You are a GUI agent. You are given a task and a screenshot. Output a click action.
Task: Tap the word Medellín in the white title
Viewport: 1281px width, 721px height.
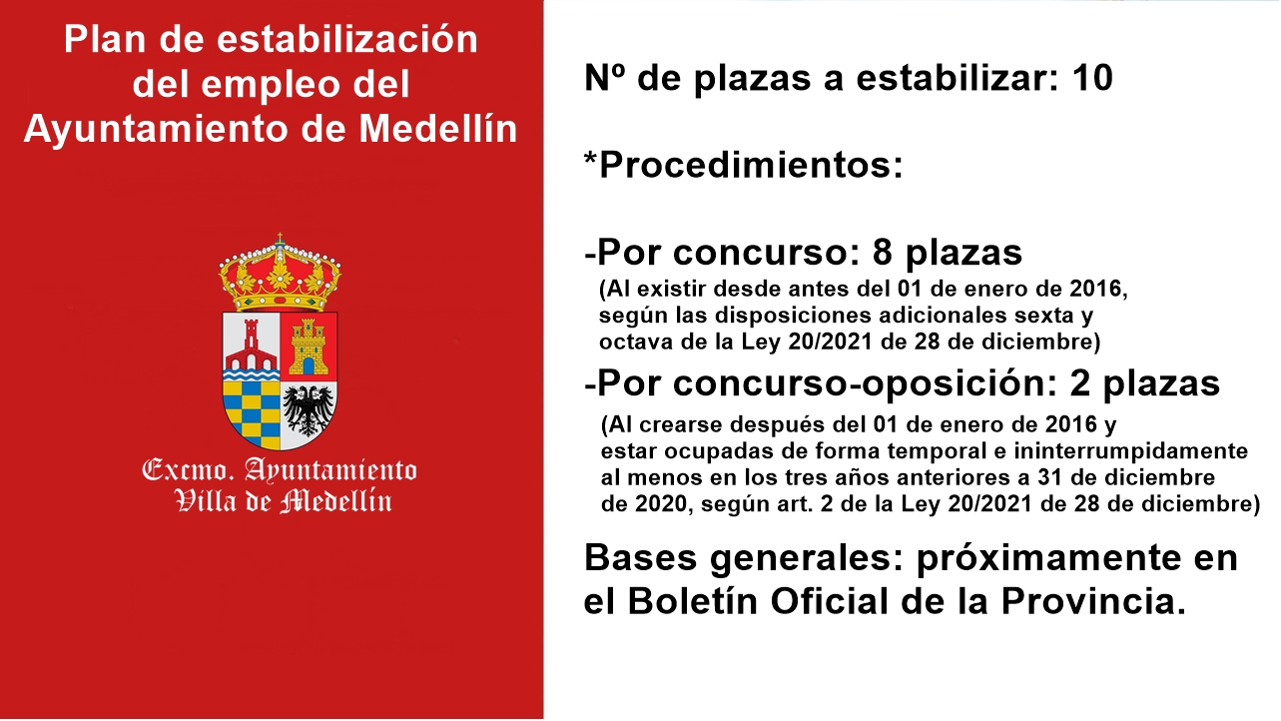coord(438,128)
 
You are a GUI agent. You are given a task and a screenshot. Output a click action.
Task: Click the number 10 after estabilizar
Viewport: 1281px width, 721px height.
coord(1092,78)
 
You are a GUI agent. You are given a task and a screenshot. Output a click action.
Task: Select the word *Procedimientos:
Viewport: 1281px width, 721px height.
coord(744,166)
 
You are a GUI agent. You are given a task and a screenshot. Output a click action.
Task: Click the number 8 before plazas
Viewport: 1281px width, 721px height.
coord(883,252)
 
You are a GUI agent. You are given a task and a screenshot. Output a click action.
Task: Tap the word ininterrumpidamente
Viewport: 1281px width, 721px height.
coord(1130,451)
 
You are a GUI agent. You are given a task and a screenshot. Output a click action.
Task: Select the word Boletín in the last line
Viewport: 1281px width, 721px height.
coord(693,601)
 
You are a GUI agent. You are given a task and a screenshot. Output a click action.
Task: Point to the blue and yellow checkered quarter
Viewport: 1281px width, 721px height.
coord(252,412)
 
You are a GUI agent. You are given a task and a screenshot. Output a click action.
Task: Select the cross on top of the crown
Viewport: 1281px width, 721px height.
coord(280,239)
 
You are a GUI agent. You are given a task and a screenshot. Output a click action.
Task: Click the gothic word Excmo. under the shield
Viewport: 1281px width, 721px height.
coord(188,470)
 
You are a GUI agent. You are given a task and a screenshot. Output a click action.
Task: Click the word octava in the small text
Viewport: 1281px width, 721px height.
coord(635,342)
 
